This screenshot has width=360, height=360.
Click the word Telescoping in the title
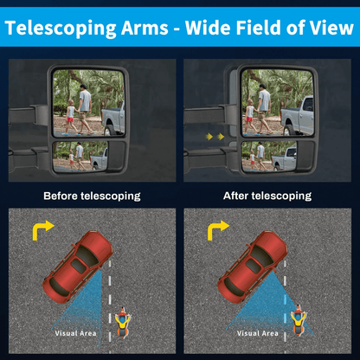coord(61,29)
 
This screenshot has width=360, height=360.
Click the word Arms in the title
coord(145,28)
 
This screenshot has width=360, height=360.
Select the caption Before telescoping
coord(92,196)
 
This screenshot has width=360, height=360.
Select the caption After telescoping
coord(267,196)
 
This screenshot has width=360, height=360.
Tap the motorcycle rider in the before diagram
coord(123,323)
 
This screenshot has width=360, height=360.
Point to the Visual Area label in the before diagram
coord(75,333)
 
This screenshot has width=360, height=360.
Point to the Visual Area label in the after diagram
coord(258,333)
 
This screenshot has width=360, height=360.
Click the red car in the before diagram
coord(77,267)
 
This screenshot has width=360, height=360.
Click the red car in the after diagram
coord(253,267)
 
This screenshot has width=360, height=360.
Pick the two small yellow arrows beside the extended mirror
coord(215,137)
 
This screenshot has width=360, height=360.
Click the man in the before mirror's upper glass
coord(85,109)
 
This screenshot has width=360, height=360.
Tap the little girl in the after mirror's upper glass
coord(250,117)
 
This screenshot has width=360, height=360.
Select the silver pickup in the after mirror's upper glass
coord(298,117)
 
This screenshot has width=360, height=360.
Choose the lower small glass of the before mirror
coord(80,156)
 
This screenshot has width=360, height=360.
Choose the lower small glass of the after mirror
coord(269,156)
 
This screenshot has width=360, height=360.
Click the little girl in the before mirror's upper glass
coord(70,117)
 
